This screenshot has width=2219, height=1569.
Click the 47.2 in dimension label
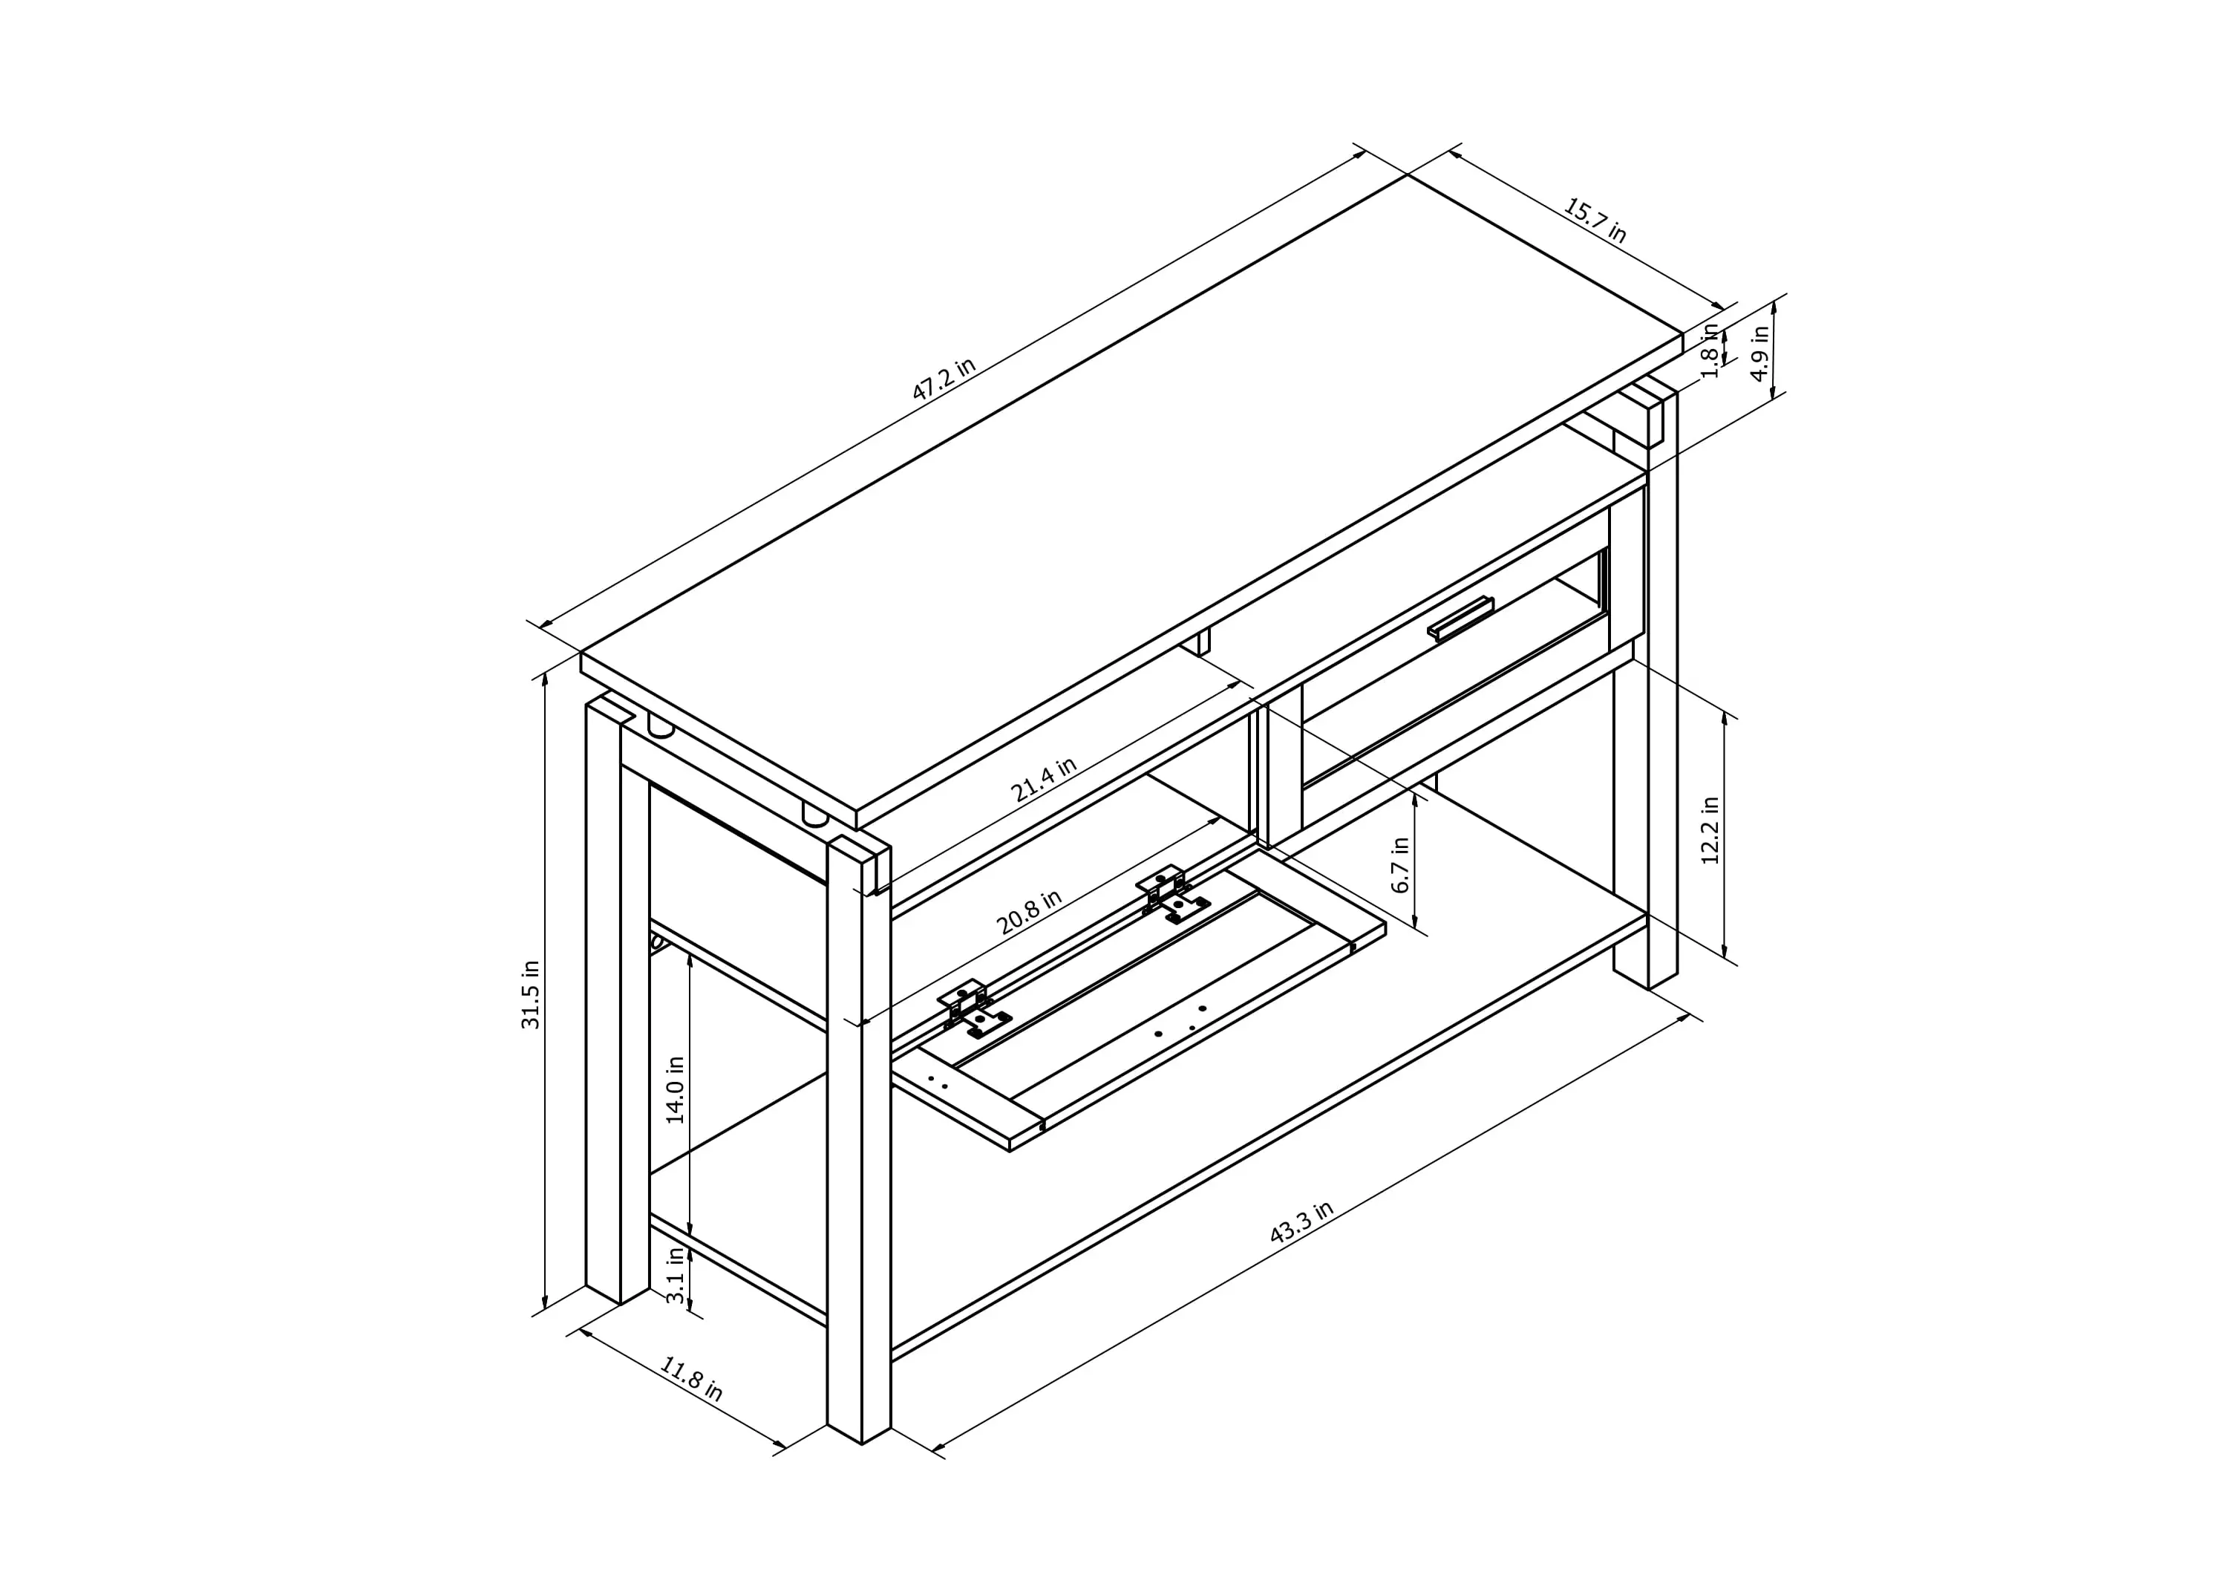click(x=944, y=379)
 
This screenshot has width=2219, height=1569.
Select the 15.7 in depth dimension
click(x=1595, y=221)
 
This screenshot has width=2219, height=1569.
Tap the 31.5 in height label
click(x=531, y=995)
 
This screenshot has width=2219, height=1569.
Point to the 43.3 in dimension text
click(x=1301, y=1222)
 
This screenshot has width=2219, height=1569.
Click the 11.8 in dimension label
click(x=691, y=1379)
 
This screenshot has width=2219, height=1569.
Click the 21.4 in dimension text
click(x=1043, y=780)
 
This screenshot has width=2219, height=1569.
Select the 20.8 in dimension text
click(x=1028, y=912)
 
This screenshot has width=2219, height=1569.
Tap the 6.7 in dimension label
click(x=1399, y=864)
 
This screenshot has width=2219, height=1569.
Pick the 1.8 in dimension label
click(x=1710, y=350)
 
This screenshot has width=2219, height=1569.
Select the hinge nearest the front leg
click(x=973, y=1010)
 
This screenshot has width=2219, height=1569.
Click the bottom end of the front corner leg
click(x=860, y=1444)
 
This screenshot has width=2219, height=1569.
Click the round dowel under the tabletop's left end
click(x=661, y=728)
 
